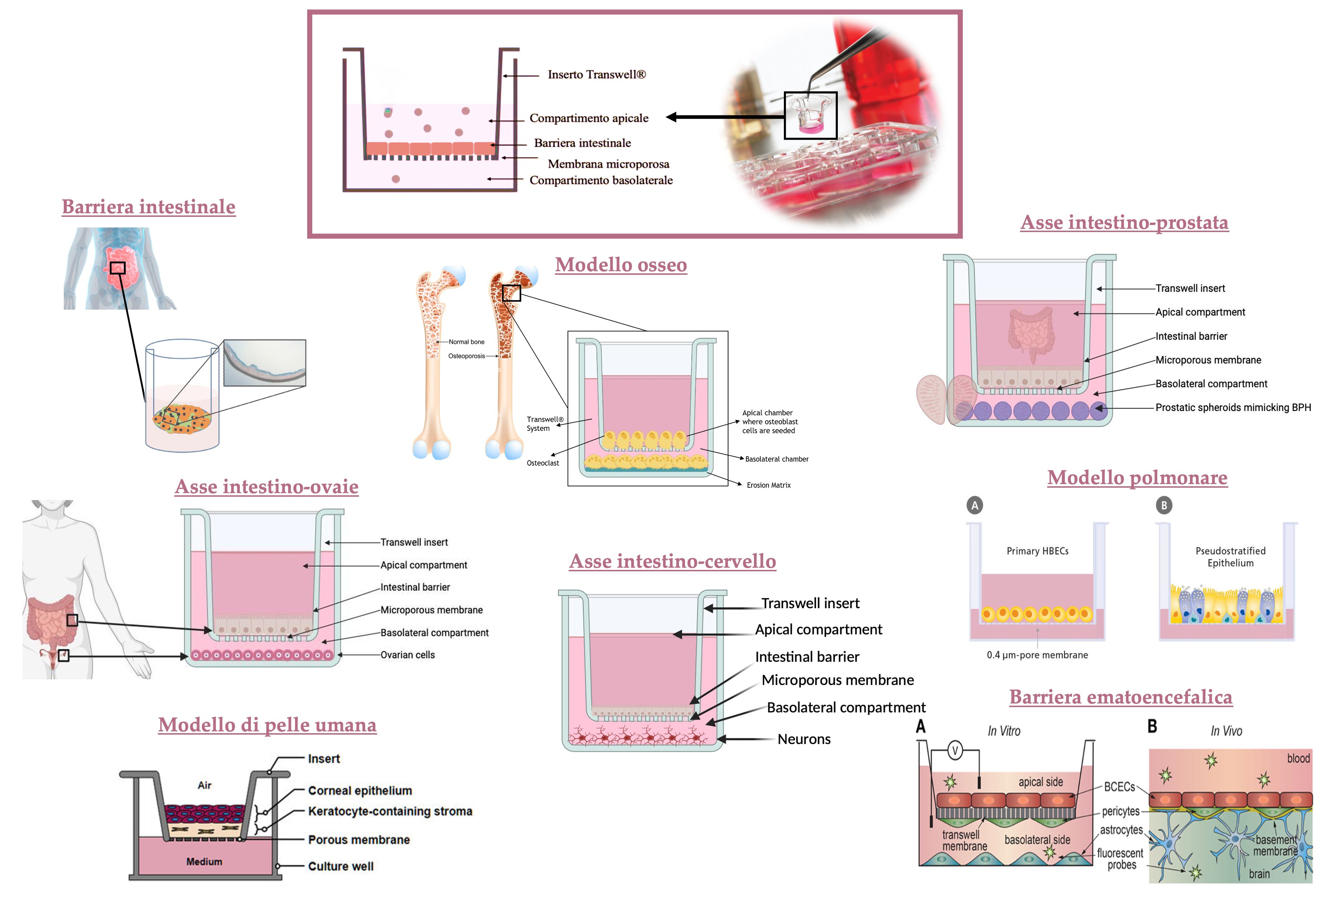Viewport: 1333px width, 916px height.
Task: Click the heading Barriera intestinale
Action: coord(149,207)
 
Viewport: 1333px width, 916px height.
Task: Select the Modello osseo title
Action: coord(620,265)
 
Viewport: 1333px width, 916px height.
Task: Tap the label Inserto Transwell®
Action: coord(597,75)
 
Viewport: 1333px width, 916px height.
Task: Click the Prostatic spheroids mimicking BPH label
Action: coord(1233,408)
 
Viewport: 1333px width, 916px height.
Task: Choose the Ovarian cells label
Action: coord(408,655)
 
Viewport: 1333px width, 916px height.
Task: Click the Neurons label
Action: coord(804,739)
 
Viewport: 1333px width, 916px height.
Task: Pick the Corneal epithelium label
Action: coord(360,790)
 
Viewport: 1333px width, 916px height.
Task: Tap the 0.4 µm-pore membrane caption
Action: coord(1037,655)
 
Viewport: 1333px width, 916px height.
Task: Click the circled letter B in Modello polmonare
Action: coord(1163,505)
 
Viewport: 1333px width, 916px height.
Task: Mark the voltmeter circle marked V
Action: coord(955,750)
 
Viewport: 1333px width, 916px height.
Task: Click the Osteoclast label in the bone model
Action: coord(543,463)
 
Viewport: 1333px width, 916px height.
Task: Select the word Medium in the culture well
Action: coord(204,861)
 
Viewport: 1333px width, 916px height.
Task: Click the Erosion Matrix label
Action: coord(768,486)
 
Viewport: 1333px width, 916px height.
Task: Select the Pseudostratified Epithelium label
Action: coord(1230,557)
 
